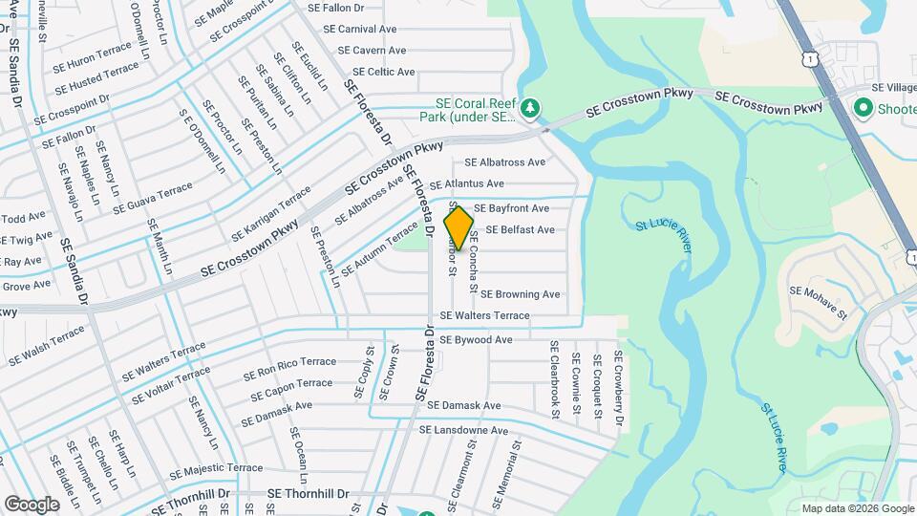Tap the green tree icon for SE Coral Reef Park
click(532, 111)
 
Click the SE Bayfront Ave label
click(511, 208)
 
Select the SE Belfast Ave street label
click(520, 230)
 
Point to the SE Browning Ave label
click(520, 294)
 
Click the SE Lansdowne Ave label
click(463, 431)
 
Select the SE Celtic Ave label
click(383, 72)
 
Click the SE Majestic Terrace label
click(215, 469)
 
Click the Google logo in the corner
click(32, 504)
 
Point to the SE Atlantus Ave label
click(466, 183)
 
